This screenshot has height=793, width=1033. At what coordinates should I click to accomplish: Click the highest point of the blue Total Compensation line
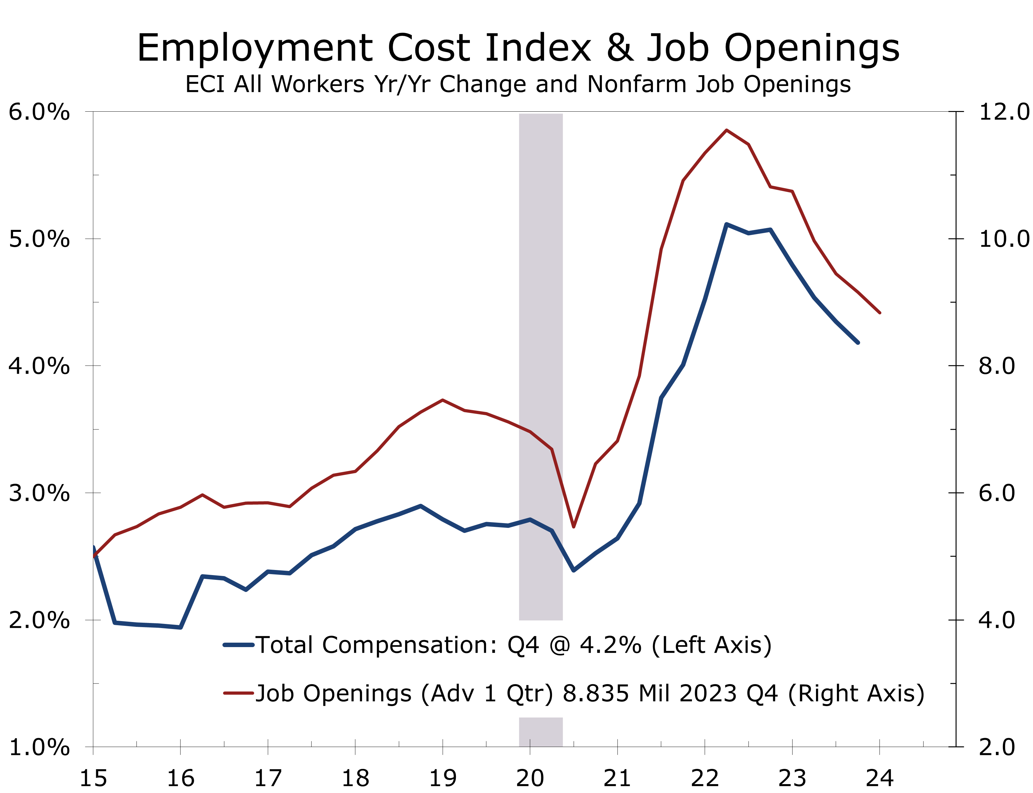click(726, 224)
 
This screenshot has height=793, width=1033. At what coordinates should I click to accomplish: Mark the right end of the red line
click(879, 312)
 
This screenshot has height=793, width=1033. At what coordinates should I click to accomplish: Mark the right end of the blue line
click(858, 343)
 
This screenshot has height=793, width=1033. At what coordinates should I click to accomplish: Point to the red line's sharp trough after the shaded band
click(574, 527)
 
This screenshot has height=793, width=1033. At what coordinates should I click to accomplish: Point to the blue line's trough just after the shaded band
click(574, 571)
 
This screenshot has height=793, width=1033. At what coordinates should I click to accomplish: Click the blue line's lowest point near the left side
click(180, 627)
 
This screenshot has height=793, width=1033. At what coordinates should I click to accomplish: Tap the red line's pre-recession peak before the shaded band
click(442, 400)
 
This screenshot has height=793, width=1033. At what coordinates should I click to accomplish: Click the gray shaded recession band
click(541, 283)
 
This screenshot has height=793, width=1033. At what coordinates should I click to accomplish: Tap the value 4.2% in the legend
click(610, 645)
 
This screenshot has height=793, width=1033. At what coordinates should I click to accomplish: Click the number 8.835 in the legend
click(596, 693)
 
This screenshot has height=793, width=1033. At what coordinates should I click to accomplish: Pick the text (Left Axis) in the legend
click(712, 645)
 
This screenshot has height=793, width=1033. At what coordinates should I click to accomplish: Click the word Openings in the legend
click(357, 693)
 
